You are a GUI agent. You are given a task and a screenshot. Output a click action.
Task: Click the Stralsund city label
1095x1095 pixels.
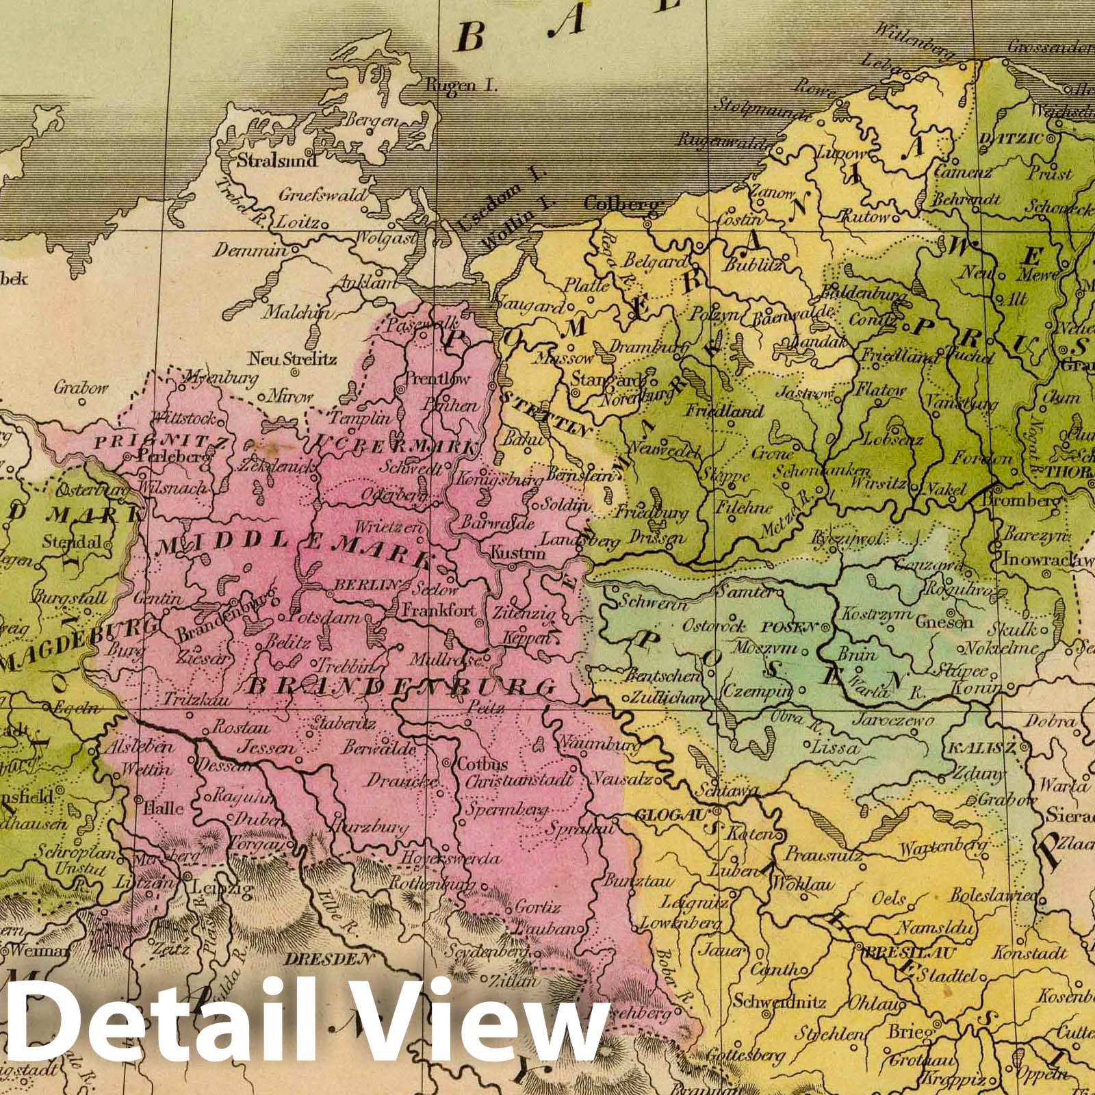(x=276, y=162)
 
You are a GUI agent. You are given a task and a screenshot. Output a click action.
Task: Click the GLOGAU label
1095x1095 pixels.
(x=673, y=815)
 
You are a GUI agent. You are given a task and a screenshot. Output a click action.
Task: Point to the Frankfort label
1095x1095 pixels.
(x=438, y=610)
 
